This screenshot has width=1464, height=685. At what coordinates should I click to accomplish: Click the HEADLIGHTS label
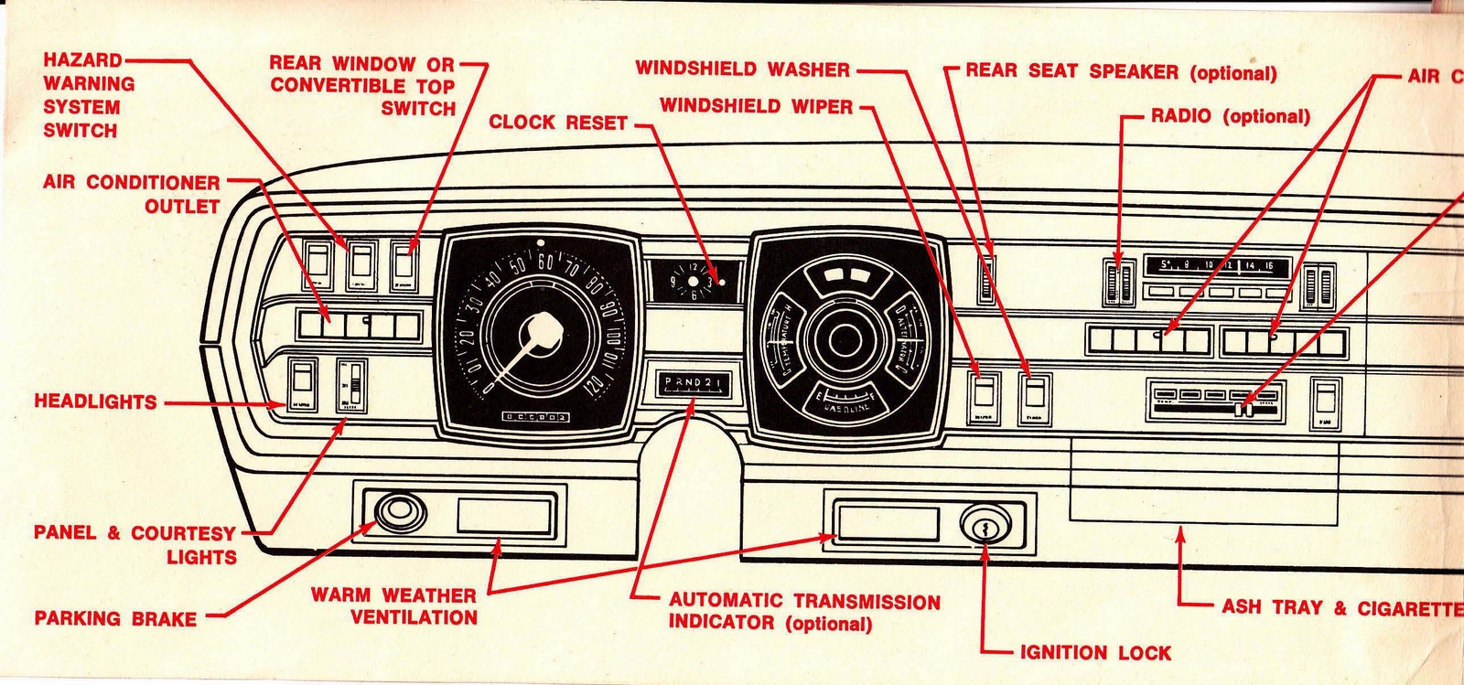(95, 401)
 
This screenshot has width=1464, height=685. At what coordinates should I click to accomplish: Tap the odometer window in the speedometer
(536, 417)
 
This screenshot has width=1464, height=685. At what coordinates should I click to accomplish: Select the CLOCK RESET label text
(558, 123)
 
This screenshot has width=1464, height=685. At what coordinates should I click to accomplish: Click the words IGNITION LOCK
(1095, 653)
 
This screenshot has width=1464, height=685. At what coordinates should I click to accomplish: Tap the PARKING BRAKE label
(115, 618)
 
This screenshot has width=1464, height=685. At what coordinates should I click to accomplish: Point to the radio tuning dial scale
(1216, 266)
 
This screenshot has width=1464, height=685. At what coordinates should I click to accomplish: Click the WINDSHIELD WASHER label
(742, 69)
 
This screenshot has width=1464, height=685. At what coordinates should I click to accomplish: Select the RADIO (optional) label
(1230, 116)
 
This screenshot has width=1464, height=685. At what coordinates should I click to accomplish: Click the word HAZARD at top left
(82, 60)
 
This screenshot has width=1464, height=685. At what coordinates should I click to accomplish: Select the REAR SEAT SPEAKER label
(1120, 72)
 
